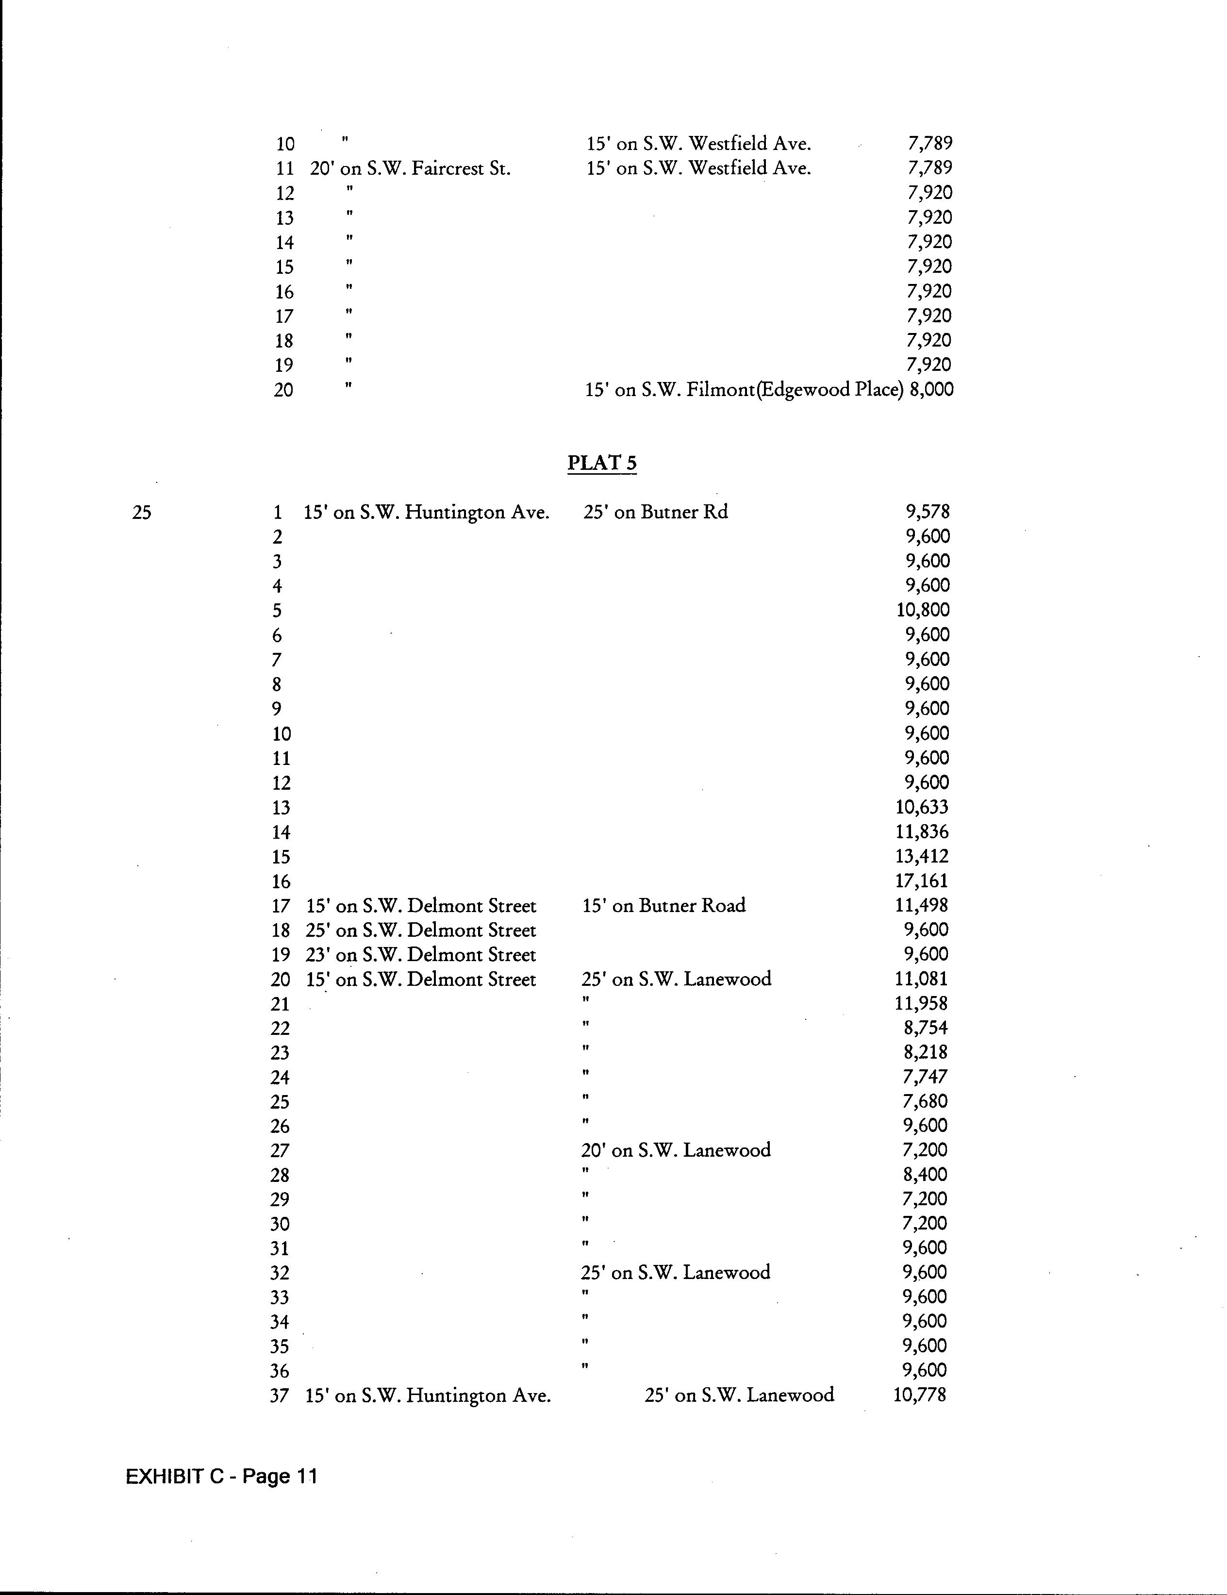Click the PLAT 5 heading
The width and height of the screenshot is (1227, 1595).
click(x=602, y=463)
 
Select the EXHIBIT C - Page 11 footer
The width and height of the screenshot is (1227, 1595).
click(x=221, y=1476)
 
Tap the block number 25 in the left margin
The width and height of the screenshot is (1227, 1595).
click(x=142, y=513)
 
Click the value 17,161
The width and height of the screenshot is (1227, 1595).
click(x=921, y=881)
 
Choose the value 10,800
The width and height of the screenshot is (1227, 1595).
click(x=923, y=610)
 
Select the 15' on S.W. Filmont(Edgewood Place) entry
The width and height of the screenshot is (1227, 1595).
click(x=744, y=390)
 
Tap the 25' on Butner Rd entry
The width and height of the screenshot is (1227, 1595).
click(x=655, y=512)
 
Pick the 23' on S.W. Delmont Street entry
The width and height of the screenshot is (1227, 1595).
click(x=421, y=954)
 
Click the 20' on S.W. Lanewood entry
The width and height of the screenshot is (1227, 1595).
click(x=676, y=1150)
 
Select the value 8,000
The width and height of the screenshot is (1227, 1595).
click(x=931, y=389)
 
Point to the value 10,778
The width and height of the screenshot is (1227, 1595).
click(x=919, y=1395)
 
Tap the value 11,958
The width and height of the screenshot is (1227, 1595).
click(x=921, y=1003)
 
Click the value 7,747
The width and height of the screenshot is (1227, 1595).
click(x=925, y=1077)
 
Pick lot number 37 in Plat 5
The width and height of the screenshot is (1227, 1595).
click(x=279, y=1396)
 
